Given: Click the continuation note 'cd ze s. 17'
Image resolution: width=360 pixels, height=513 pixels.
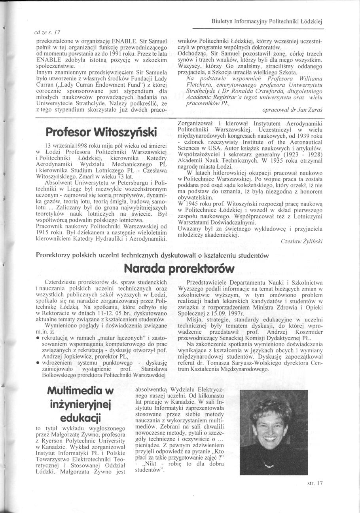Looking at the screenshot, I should pos(46,31).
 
